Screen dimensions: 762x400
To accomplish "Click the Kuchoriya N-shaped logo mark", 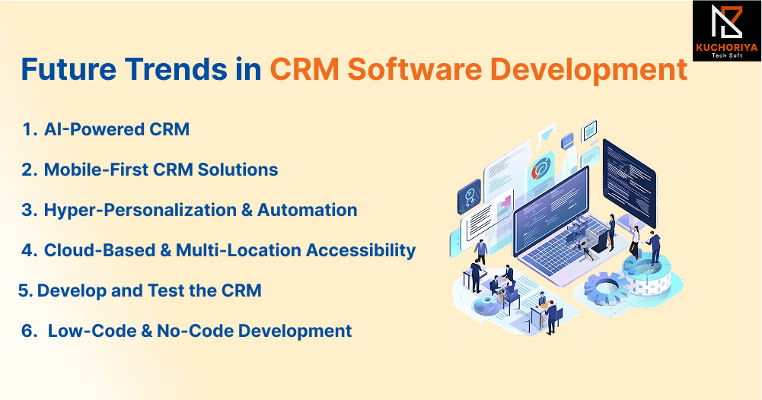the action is (x=726, y=22).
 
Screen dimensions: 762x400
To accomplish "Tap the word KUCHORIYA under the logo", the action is (x=726, y=48).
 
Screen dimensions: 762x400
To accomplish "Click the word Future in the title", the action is (x=69, y=69).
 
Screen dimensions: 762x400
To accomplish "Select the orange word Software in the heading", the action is (x=415, y=69).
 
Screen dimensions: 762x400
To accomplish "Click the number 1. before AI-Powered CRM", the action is (x=30, y=129).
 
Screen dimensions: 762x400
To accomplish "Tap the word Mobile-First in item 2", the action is (x=95, y=170).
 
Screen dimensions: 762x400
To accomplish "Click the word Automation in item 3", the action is (x=307, y=210).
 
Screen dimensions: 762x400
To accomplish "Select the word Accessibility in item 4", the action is (x=361, y=250).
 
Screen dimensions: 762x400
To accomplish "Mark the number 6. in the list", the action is (x=29, y=331).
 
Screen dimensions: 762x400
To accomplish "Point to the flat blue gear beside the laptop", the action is (x=606, y=288).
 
